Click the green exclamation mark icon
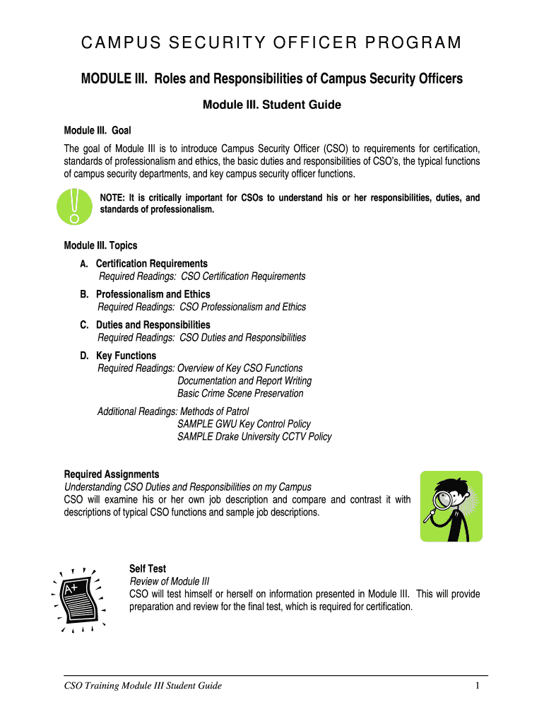click(x=73, y=205)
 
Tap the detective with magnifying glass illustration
click(x=451, y=506)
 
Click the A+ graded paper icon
click(x=78, y=598)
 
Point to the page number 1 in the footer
click(x=478, y=686)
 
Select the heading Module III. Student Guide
click(x=272, y=105)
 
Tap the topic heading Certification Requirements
click(x=152, y=264)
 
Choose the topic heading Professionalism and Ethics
click(x=153, y=294)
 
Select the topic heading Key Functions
click(x=126, y=356)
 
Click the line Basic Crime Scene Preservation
click(x=240, y=393)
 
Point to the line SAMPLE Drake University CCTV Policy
click(x=254, y=436)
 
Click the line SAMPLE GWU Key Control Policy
click(x=244, y=424)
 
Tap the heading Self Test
click(x=148, y=568)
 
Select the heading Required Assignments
click(x=112, y=474)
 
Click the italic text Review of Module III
click(x=170, y=581)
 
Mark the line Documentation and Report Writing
click(x=244, y=380)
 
